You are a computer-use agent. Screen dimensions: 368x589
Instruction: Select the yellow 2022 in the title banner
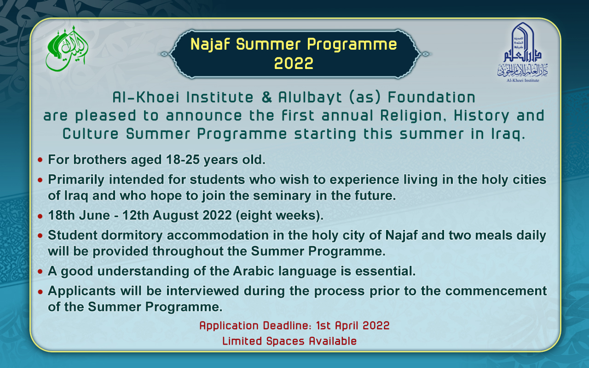294,63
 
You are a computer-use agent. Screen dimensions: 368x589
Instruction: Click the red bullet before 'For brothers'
41,161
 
